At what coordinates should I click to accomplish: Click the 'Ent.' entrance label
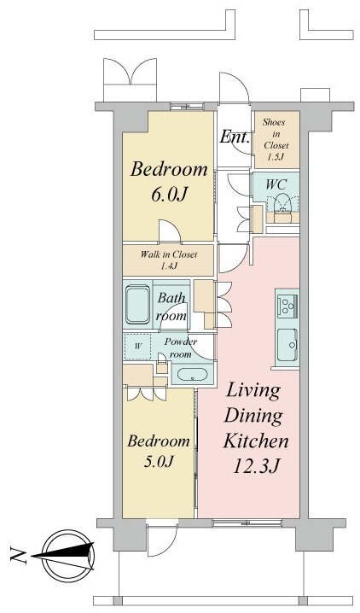coord(235,137)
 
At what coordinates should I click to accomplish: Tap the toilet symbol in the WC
coord(282,202)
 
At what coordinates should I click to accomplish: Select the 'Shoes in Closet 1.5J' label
coord(276,139)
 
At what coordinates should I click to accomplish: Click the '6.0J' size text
coord(168,195)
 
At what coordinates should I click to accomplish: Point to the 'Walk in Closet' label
coord(169,254)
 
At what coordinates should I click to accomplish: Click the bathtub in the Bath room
coord(138,305)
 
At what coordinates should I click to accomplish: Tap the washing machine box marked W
coord(137,347)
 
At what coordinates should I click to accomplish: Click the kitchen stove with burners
coord(287,304)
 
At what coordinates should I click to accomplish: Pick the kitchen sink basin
coord(287,344)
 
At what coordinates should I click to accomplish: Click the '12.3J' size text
coord(256,466)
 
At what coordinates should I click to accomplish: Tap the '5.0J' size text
coord(159,462)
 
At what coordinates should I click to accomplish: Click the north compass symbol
coord(68,556)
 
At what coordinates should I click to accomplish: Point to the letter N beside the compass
coord(18,557)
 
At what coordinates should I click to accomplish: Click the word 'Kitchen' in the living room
coord(256,441)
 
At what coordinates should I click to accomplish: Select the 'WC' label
coord(276,184)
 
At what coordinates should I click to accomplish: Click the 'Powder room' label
coord(180,347)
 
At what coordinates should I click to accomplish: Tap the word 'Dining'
coord(253,417)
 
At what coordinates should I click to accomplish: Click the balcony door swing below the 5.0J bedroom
coord(162,540)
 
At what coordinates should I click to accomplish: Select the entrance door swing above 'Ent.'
coord(234,88)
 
